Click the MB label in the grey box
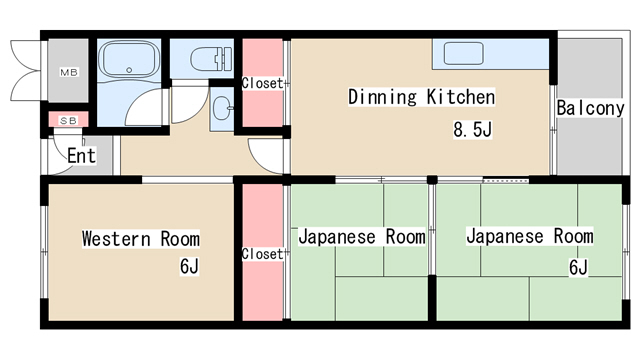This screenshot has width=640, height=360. coord(69,73)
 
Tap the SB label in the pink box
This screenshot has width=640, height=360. coord(69,121)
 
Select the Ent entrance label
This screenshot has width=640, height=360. coord(81,156)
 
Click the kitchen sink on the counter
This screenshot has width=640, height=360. coord(462,54)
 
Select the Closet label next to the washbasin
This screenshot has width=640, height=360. coord(262,84)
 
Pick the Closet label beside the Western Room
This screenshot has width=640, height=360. coord(262,254)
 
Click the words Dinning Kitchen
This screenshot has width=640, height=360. coord(421,97)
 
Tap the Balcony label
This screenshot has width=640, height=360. coord(590,107)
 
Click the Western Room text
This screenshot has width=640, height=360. coord(140,239)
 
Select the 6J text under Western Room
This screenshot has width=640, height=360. coord(189,267)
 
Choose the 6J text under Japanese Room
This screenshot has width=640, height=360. coord(578,267)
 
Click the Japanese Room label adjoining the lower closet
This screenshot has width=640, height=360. coord(361,238)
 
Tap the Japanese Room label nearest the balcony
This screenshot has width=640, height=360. coord(529,237)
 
